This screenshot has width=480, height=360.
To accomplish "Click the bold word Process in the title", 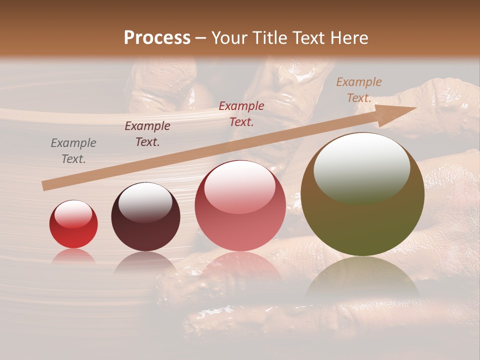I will (157, 37).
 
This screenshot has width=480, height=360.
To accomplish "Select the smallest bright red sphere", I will (73, 224).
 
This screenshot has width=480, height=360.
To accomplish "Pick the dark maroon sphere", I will (145, 217).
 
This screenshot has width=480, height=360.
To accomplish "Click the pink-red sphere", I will (240, 205).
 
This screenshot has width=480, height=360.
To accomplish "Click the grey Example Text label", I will (73, 151).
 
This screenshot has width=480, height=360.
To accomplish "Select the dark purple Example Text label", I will (147, 134).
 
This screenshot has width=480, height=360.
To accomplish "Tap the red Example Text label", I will (241, 113).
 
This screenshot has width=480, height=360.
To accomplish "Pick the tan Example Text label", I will (359, 90).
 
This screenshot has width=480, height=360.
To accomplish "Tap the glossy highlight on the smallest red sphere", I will (73, 213).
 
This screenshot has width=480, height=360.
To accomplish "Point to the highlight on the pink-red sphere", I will (239, 185).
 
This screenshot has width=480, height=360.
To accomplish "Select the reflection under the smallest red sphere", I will (73, 256).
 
